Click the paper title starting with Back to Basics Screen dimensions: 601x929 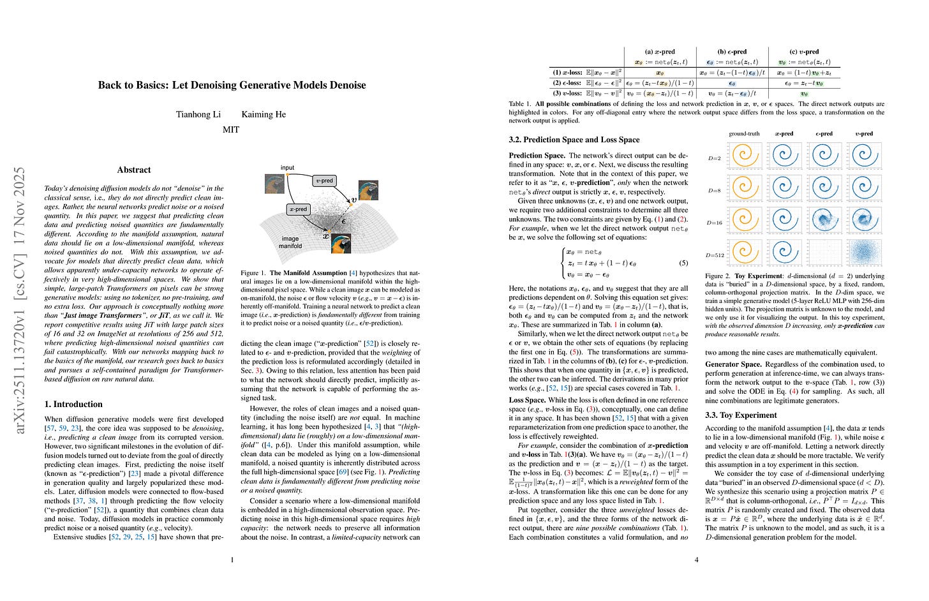232,85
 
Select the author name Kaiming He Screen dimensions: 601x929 264,114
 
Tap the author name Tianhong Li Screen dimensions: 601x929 198,114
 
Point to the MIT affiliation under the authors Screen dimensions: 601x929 231,129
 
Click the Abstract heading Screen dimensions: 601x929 134,170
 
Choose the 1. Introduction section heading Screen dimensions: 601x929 73,404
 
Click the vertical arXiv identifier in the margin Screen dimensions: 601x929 20,300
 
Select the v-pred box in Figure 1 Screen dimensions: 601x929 325,181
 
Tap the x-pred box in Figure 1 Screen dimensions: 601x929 298,209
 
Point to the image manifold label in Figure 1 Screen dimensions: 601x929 290,242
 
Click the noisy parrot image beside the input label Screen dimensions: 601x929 274,184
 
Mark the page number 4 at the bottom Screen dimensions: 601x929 696,560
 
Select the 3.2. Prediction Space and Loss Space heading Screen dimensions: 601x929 574,139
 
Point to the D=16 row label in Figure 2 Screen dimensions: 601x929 715,223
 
